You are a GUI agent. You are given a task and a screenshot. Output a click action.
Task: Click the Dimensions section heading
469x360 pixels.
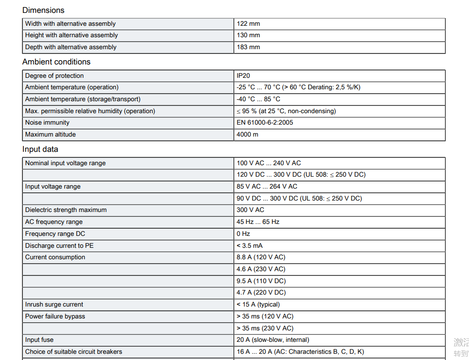click(x=43, y=10)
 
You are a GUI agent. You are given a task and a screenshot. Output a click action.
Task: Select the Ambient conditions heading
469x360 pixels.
click(x=56, y=62)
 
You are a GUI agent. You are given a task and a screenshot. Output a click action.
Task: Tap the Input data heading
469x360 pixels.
click(x=40, y=149)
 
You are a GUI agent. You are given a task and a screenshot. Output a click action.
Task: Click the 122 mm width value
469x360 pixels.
click(x=248, y=24)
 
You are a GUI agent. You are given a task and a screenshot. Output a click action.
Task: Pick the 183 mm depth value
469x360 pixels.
click(x=248, y=47)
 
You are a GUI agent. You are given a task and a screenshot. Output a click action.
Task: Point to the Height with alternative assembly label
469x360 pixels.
click(x=72, y=35)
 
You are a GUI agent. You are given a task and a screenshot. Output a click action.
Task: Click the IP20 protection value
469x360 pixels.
click(x=243, y=76)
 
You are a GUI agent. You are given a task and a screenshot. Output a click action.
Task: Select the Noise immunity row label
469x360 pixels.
click(x=47, y=123)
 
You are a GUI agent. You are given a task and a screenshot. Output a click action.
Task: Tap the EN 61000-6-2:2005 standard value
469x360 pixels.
click(x=265, y=123)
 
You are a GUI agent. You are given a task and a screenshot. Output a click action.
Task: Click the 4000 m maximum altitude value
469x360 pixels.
click(x=247, y=135)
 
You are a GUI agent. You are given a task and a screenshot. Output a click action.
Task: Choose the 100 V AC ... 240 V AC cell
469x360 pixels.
click(x=269, y=163)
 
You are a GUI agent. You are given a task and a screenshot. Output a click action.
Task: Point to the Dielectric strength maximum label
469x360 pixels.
click(x=66, y=210)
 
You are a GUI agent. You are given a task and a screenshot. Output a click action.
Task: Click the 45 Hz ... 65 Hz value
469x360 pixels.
click(x=258, y=222)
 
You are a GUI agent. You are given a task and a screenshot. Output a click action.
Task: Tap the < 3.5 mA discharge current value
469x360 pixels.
click(x=250, y=246)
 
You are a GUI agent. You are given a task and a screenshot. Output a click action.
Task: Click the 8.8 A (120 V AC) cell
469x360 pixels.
click(x=261, y=257)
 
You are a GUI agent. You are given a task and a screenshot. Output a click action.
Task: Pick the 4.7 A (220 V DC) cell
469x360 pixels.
click(x=261, y=293)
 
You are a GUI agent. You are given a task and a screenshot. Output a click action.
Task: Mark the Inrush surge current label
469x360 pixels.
click(x=54, y=305)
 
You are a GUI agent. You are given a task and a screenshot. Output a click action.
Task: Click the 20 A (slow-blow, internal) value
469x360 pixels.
click(x=273, y=340)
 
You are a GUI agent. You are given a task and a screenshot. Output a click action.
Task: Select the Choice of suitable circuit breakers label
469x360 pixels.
click(x=73, y=352)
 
